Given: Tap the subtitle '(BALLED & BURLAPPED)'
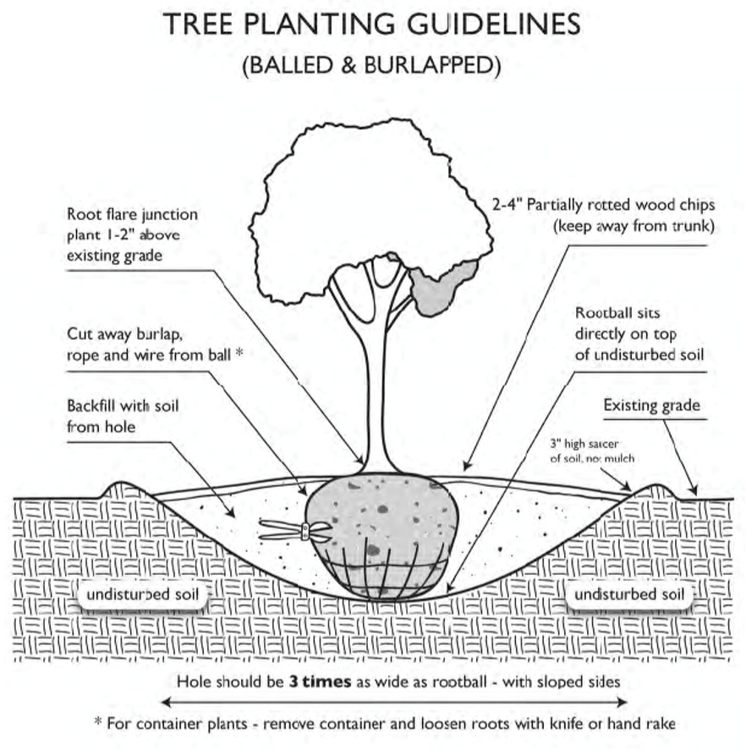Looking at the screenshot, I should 372,66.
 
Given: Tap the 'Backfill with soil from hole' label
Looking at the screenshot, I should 123,416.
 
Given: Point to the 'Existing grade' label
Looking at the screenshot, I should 651,406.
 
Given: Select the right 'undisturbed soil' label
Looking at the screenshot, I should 629,595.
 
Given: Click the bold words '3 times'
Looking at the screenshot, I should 321,681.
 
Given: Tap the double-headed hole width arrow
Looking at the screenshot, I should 394,701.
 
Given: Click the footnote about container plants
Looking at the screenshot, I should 384,724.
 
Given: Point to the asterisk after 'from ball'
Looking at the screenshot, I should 239,353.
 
